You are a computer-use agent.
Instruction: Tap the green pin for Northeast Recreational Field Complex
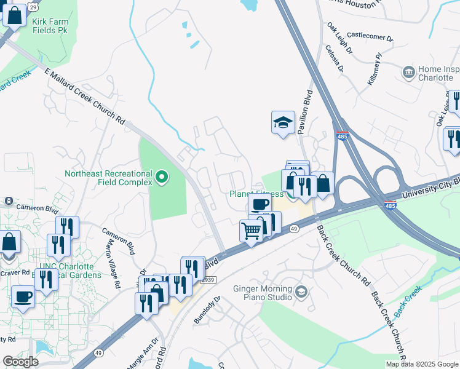tap(162, 178)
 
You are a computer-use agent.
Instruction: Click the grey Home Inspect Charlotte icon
tap(408, 73)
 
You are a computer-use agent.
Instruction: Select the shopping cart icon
tap(251, 231)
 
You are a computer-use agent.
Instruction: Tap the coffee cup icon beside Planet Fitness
tap(260, 204)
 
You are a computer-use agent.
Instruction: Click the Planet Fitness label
tap(256, 194)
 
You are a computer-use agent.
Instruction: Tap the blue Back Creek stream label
tap(407, 301)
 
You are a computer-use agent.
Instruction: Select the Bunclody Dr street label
tap(207, 312)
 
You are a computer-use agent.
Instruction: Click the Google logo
tap(20, 362)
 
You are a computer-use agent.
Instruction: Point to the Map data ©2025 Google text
tap(421, 364)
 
